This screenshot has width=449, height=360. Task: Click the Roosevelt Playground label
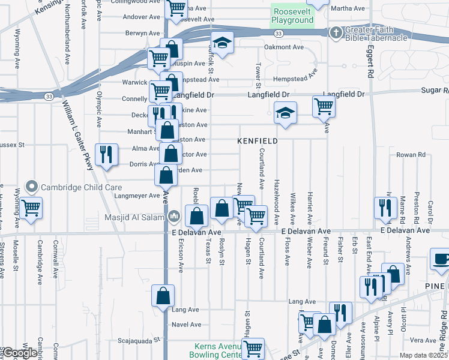[292, 16]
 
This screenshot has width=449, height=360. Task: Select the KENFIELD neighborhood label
[258, 141]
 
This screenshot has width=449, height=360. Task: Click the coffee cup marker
[441, 260]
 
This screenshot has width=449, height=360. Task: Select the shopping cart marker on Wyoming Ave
[30, 208]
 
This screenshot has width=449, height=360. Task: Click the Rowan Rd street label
[411, 154]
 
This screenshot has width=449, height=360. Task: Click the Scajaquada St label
[139, 339]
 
